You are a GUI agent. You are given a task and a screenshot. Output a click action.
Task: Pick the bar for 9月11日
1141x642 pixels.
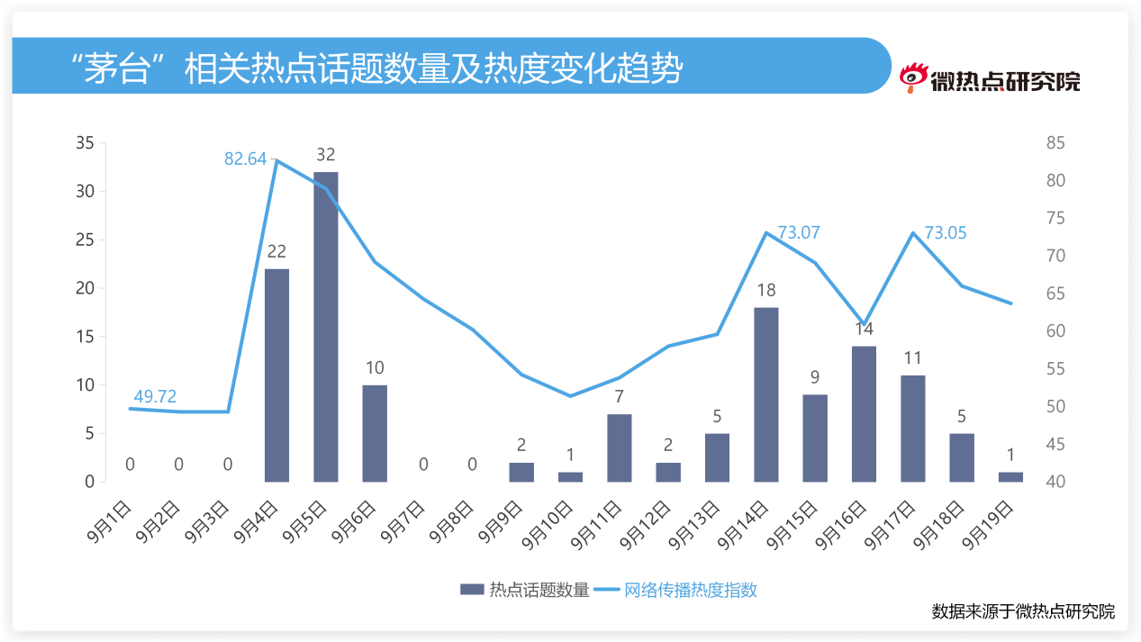(619, 448)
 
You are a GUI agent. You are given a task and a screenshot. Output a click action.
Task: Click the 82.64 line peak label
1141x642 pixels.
(245, 159)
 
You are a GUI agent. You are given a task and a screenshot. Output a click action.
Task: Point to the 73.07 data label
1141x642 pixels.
(799, 232)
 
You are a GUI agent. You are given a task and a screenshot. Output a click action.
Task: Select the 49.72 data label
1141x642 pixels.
(155, 396)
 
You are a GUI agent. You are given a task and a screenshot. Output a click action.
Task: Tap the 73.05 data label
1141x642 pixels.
(946, 232)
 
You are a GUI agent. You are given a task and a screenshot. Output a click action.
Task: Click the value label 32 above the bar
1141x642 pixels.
(326, 155)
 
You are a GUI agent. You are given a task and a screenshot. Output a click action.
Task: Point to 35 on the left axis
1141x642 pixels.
(86, 143)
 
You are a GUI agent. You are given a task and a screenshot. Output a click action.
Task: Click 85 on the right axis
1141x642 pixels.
(1055, 143)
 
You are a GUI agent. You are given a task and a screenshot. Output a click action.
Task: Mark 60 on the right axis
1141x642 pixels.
(1055, 331)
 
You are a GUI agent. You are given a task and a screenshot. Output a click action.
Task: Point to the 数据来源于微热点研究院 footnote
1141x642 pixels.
(1023, 611)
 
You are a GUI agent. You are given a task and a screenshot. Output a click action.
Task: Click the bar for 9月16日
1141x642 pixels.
(864, 413)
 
